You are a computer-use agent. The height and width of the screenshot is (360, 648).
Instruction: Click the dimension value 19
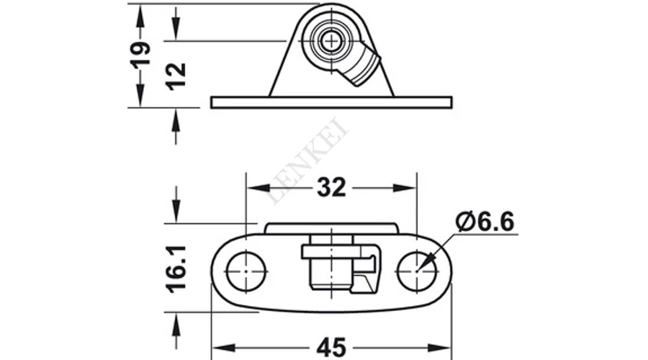point(140,55)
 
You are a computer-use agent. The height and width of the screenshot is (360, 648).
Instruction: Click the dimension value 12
point(176,76)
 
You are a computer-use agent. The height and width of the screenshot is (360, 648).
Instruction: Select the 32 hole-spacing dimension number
point(331,188)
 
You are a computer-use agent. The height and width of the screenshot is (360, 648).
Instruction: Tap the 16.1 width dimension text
point(176,269)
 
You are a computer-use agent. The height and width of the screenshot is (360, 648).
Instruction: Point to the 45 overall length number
point(331,348)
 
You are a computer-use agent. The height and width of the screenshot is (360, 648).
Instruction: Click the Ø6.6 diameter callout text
point(485,222)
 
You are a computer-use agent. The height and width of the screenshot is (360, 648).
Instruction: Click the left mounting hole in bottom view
point(246,271)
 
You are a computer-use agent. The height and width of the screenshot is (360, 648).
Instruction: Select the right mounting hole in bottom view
point(417,271)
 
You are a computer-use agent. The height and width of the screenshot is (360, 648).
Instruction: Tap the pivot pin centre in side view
point(331,40)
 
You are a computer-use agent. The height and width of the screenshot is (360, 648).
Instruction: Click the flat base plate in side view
point(331,102)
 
